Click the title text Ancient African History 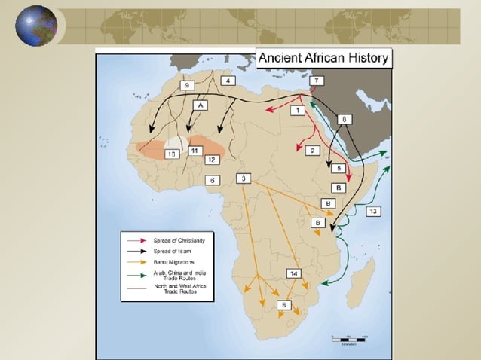click(323, 58)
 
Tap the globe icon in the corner click(36, 26)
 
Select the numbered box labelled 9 click(188, 87)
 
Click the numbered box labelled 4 click(228, 81)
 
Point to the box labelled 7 click(317, 81)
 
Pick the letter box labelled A click(201, 106)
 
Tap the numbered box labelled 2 click(312, 151)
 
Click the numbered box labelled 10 click(172, 154)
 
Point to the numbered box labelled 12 click(212, 160)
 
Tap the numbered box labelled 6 click(213, 180)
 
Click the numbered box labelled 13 click(373, 212)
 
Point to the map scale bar click(348, 338)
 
